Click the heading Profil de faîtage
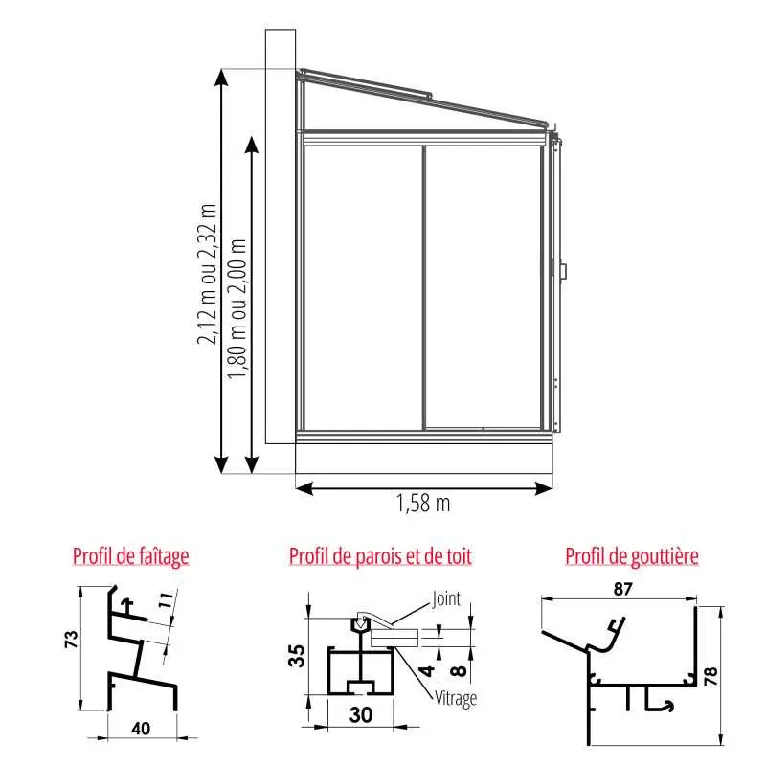(x=130, y=556)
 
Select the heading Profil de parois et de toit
(x=380, y=556)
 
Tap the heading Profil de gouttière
(x=632, y=556)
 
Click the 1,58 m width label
(x=423, y=504)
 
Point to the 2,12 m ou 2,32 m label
(x=207, y=274)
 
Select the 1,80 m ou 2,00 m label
(x=237, y=308)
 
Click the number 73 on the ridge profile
(x=71, y=640)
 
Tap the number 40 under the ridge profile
(x=141, y=729)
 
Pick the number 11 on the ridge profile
(x=166, y=600)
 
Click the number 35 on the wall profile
(x=297, y=656)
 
